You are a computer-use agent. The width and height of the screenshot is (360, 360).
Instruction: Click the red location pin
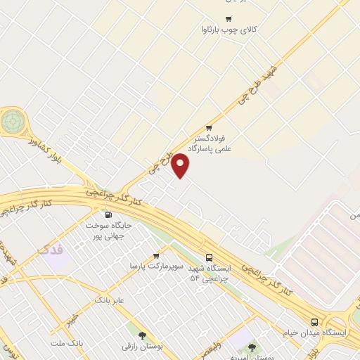(181, 165)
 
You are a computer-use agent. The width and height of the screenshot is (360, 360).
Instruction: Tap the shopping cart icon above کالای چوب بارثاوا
(229, 19)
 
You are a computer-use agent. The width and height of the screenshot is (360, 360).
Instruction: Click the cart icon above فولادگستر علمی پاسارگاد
(209, 127)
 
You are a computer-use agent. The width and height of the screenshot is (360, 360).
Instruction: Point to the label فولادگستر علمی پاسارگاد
(216, 143)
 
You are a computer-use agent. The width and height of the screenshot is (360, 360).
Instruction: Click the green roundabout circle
(11, 122)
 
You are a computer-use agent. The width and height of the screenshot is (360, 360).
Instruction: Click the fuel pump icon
(108, 215)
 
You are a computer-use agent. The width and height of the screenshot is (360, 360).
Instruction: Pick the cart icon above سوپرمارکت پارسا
(156, 255)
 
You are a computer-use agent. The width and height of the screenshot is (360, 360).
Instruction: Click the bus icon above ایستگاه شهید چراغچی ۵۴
(209, 258)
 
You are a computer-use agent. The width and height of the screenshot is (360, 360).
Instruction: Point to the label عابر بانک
(110, 300)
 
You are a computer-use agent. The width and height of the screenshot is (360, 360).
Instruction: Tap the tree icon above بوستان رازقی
(143, 336)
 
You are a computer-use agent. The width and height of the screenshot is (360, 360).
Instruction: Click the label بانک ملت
(67, 342)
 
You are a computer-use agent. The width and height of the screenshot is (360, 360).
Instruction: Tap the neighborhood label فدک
(53, 250)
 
